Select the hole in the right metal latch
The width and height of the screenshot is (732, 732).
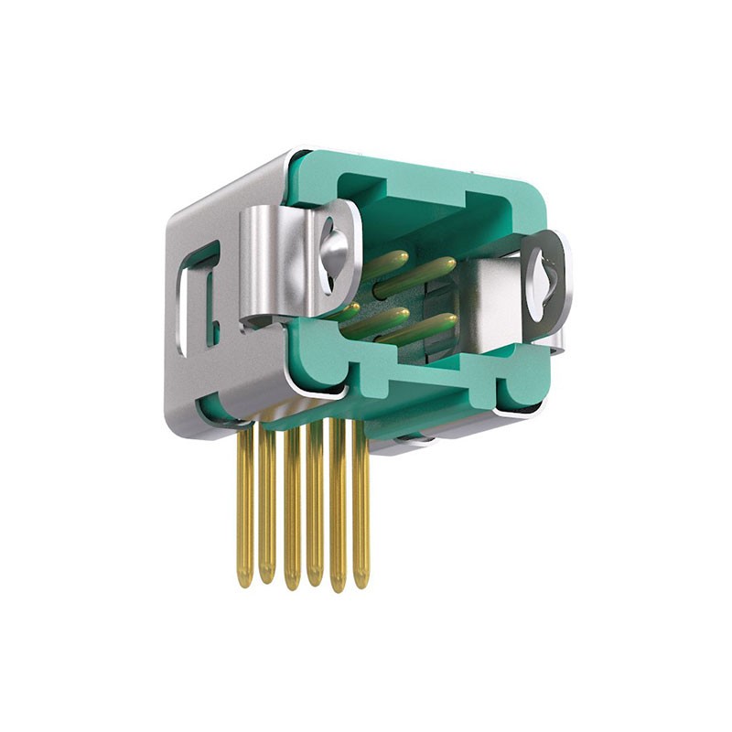[x=547, y=275]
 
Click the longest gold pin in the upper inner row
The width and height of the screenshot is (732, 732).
[x=416, y=274]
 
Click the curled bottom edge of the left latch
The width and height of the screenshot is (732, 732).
[x=265, y=321]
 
